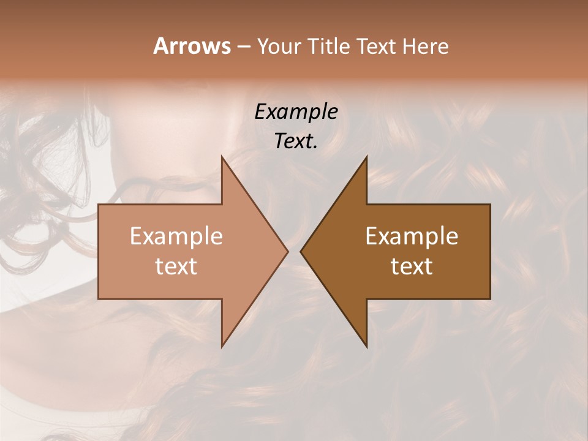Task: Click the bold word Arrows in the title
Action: click(x=191, y=46)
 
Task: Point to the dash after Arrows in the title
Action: click(x=243, y=47)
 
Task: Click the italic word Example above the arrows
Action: click(x=296, y=112)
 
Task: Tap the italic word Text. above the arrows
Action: click(x=296, y=141)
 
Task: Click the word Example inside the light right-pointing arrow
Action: click(x=176, y=236)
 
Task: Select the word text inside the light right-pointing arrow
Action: click(x=176, y=266)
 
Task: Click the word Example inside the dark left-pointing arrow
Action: click(x=412, y=236)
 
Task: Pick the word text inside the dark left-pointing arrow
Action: click(x=412, y=266)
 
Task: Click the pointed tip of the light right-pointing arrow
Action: click(x=288, y=251)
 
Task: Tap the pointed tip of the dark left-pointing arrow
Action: click(x=301, y=251)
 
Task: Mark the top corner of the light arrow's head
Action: click(x=222, y=156)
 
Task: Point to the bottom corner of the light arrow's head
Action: click(x=222, y=347)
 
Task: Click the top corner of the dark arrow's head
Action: click(x=367, y=156)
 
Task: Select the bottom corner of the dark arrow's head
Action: click(x=367, y=347)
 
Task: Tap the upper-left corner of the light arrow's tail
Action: click(x=99, y=205)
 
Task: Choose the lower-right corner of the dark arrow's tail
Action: click(x=490, y=299)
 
